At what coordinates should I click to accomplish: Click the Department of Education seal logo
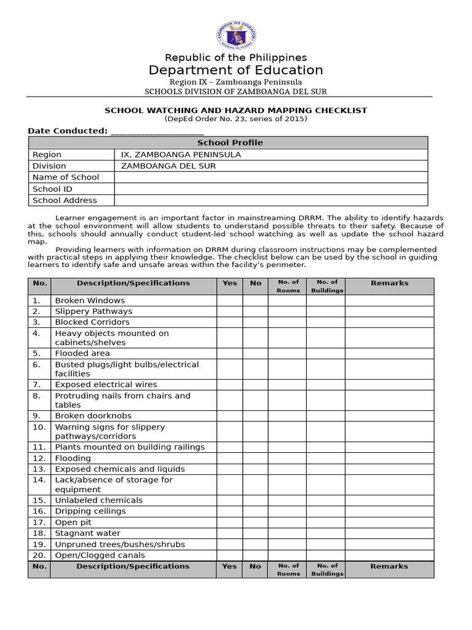click(x=236, y=35)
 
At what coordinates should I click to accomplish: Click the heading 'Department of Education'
click(x=236, y=70)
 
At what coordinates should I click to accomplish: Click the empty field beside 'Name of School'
click(x=270, y=177)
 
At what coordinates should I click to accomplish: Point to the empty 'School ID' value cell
click(x=270, y=189)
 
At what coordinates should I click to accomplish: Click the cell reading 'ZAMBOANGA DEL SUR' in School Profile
click(x=168, y=166)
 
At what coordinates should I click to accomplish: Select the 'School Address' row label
click(x=65, y=200)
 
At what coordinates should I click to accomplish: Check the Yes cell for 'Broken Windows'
click(x=229, y=300)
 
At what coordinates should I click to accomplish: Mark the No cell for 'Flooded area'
click(x=255, y=353)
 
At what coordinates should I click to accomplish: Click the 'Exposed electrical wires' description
click(x=106, y=385)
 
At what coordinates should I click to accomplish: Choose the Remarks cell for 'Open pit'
click(x=389, y=522)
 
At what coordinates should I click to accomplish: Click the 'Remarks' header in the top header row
click(x=389, y=284)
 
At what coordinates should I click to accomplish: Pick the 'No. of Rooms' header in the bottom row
click(x=288, y=569)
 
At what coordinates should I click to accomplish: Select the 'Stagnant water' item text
click(x=88, y=533)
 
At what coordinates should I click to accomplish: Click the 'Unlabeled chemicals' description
click(x=98, y=500)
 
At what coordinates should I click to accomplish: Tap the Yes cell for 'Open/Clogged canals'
click(x=229, y=555)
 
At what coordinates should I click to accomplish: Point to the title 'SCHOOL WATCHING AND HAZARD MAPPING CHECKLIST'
click(x=236, y=111)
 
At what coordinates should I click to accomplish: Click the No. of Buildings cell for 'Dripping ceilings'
click(x=326, y=511)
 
